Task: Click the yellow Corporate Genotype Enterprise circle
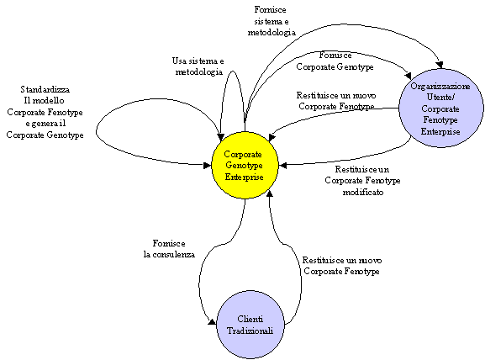coord(245,165)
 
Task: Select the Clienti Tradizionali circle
coord(250,325)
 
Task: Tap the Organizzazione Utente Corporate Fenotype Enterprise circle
coord(441,108)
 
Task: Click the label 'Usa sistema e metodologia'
coord(198,66)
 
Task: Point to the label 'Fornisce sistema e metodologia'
coord(271,21)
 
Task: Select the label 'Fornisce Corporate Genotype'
coord(335,61)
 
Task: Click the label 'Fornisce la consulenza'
coord(169,249)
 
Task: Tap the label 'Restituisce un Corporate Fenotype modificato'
coord(362,181)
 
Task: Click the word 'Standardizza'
coord(45,89)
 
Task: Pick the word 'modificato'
coord(363,192)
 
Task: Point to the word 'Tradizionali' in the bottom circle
coord(250,331)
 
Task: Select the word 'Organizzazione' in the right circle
coord(440,86)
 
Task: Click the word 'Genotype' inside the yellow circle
coord(244,166)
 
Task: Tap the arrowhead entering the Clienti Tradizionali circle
coord(212,322)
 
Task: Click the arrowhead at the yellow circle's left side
coord(208,166)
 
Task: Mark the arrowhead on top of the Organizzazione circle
coord(440,65)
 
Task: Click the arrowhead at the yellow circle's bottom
coord(270,193)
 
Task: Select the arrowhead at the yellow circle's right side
coord(282,166)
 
